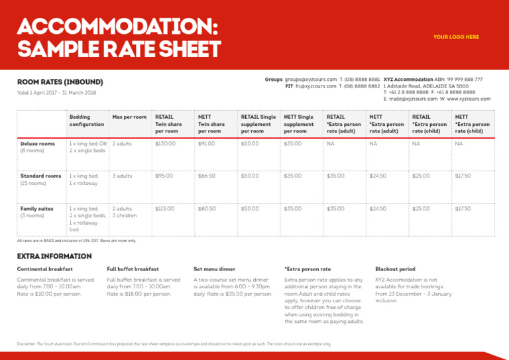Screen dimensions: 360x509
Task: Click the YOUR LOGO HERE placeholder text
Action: point(456,37)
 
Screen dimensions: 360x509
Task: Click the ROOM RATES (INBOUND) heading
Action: point(60,82)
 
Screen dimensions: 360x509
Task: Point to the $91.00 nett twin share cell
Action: point(205,143)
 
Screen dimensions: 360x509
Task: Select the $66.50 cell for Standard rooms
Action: point(207,176)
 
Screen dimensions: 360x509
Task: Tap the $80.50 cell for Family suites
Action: point(207,208)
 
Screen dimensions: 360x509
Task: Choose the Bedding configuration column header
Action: point(87,121)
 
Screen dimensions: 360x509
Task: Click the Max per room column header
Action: point(130,117)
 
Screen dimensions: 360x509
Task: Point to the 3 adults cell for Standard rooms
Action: point(122,176)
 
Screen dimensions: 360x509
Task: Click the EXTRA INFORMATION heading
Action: point(54,256)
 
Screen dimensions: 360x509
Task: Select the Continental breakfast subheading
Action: point(45,269)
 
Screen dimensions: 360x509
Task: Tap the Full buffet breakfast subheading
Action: point(133,269)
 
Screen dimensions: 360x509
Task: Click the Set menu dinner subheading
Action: point(214,269)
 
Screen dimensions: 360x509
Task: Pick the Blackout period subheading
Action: point(395,269)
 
